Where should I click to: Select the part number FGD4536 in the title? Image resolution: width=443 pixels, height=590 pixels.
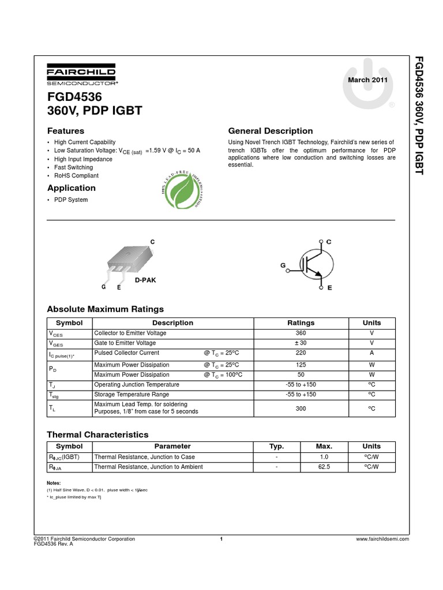click(x=71, y=97)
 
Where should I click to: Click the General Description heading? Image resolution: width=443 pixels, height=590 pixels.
click(x=271, y=131)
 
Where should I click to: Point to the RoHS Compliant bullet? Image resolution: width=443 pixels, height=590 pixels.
click(x=76, y=176)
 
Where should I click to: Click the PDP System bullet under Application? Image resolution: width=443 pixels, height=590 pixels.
click(x=71, y=200)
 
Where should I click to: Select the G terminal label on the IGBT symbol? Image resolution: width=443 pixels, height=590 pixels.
click(x=283, y=265)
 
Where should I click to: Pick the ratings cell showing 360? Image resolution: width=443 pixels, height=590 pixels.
click(x=301, y=333)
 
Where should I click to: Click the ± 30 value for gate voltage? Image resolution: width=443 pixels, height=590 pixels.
click(x=301, y=343)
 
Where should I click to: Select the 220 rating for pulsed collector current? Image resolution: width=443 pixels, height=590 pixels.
click(x=301, y=353)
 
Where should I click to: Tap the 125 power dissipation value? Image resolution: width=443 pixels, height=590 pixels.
click(x=301, y=365)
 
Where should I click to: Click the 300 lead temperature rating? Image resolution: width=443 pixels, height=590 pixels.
click(x=301, y=408)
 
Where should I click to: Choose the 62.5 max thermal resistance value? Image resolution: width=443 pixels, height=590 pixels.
click(x=324, y=467)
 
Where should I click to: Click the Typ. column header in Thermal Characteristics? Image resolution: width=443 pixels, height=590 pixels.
click(x=277, y=446)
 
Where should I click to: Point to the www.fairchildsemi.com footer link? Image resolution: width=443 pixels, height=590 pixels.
click(x=383, y=539)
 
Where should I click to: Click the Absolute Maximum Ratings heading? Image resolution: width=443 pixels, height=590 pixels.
click(x=105, y=309)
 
